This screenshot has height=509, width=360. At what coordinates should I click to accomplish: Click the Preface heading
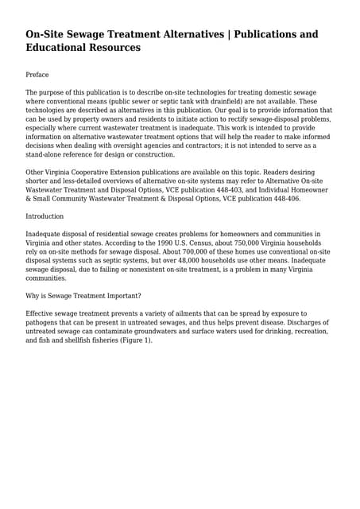[x=37, y=75]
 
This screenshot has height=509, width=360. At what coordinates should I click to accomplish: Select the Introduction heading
[x=45, y=216]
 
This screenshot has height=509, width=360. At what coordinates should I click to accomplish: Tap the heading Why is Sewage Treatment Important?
[x=83, y=296]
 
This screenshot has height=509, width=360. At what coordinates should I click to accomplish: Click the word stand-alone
[x=49, y=154]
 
